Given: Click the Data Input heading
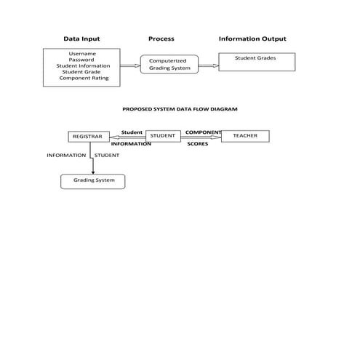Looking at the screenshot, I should [x=81, y=39].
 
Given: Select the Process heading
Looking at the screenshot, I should [x=161, y=39].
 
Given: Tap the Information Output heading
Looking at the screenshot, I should [x=252, y=39].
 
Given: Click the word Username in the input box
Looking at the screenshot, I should [x=82, y=54].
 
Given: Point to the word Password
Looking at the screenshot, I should [x=81, y=60].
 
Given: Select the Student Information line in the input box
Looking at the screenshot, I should [x=83, y=65].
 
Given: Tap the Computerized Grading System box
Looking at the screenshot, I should [x=169, y=65].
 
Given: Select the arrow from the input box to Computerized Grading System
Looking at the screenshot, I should [x=129, y=65].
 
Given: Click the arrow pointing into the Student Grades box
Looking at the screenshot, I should [x=208, y=65].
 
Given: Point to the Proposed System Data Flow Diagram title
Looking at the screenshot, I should [x=179, y=108].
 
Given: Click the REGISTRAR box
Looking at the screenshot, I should [x=89, y=136].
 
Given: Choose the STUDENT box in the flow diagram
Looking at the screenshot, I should [x=163, y=135].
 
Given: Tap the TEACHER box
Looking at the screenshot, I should [x=244, y=135].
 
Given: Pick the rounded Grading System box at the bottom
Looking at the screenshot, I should [x=93, y=180].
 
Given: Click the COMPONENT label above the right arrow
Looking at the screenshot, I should [x=203, y=132].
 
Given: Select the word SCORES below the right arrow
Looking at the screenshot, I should [x=198, y=144].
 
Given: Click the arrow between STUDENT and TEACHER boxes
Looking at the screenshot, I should [x=201, y=137].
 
